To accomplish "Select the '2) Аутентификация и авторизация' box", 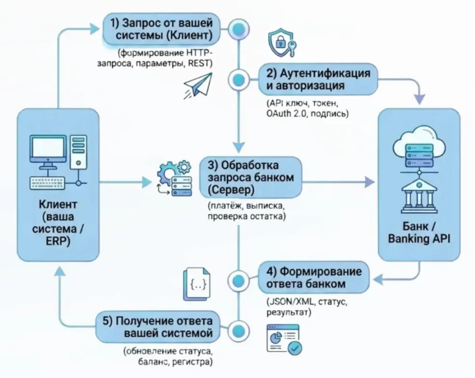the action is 318,79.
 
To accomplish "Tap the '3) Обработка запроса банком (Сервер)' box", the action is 251,178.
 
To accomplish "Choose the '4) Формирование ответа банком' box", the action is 314,277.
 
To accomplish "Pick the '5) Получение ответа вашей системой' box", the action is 158,327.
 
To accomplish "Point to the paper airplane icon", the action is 198,86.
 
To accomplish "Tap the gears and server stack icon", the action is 174,178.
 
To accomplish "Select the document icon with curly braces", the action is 197,284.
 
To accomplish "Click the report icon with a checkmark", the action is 284,339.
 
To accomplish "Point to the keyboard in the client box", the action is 47,183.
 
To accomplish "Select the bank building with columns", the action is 419,197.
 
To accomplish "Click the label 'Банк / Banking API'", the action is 419,232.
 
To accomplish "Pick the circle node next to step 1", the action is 239,29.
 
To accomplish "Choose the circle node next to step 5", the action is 239,330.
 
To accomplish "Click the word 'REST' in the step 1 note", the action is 200,64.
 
